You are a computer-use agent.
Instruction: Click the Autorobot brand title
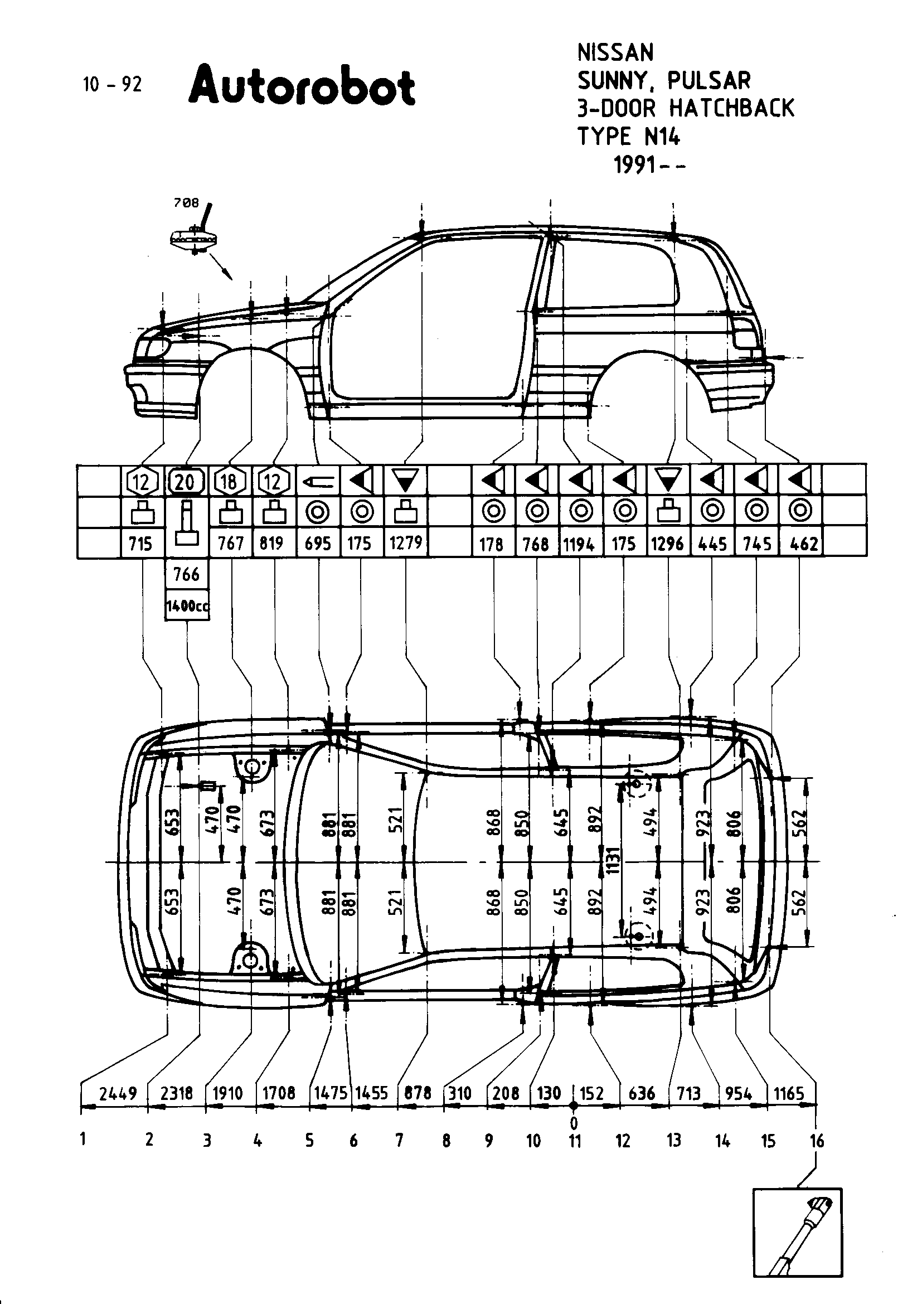302,86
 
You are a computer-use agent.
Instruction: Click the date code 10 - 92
112,85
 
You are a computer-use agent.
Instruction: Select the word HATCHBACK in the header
732,108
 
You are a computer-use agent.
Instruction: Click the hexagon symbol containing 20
185,482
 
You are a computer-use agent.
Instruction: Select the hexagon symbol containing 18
229,482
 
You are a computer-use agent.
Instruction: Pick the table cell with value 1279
405,543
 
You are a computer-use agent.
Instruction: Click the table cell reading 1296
667,544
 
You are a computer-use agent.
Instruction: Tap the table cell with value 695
317,544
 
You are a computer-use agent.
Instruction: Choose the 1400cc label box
187,605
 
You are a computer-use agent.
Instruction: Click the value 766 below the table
186,575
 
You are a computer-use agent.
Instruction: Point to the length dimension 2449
118,1093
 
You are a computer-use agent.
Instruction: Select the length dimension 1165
789,1093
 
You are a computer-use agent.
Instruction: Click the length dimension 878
418,1093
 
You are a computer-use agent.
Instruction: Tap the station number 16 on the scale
817,1141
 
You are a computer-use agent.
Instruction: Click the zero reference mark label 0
574,1123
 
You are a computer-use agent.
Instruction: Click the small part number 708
186,203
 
